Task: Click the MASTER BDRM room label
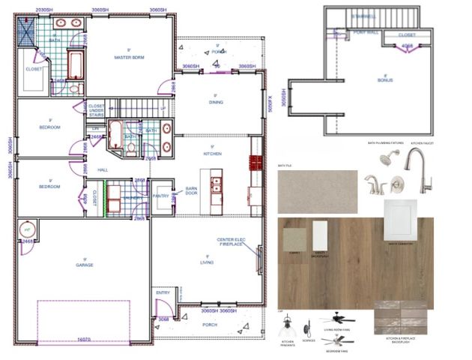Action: coord(129,57)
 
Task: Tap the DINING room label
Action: coord(215,102)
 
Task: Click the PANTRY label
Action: coord(160,196)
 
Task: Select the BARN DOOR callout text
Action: coord(191,191)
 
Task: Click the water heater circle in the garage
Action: coord(28,229)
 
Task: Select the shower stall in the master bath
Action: coord(28,29)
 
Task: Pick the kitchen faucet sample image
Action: coord(417,169)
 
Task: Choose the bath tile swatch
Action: coord(317,192)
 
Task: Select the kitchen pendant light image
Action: coord(287,328)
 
